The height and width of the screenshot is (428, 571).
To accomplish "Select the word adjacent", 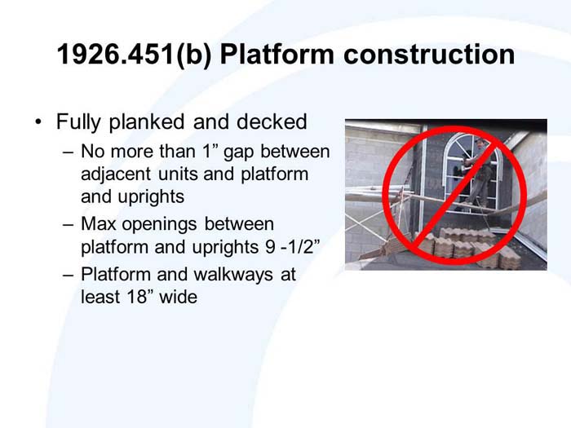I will point(115,174).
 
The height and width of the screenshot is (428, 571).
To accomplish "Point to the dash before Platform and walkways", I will point(68,275).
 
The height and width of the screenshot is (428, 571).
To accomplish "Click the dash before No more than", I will point(68,152).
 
